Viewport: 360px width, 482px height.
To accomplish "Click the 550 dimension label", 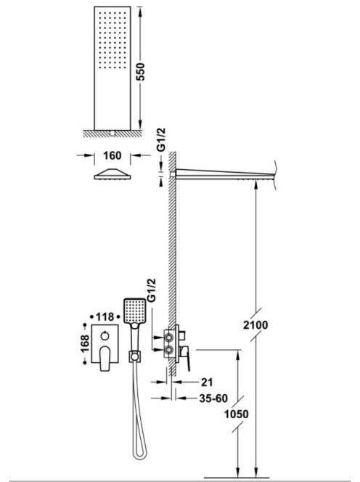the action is point(140,72).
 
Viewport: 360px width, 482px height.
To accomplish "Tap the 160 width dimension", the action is point(112,155).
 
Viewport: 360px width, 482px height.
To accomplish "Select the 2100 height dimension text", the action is point(255,325).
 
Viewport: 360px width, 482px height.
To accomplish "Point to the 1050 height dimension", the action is point(236,414).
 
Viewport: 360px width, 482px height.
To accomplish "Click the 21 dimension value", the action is point(207,382).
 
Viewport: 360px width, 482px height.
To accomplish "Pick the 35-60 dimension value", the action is point(213,399).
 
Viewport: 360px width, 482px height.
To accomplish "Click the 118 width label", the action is point(105,316).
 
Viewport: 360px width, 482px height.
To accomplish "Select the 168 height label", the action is point(84,343).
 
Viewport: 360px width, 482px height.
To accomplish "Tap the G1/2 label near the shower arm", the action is point(161,140).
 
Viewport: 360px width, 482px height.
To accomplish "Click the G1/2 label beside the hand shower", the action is point(152,290).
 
